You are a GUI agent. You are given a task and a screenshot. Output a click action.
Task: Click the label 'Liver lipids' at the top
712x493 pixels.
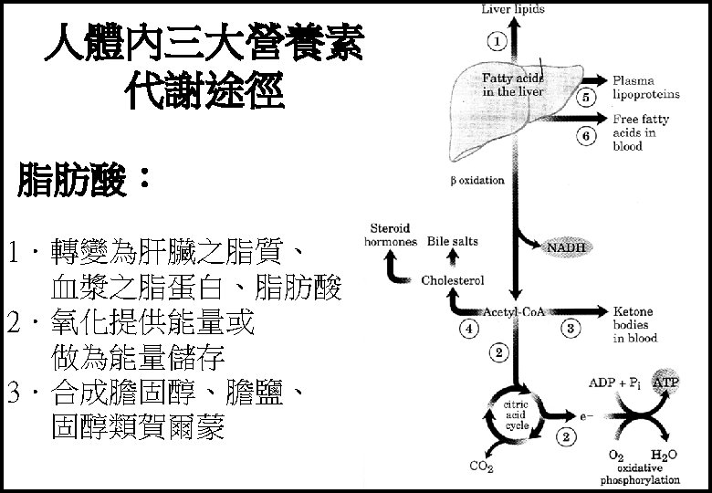pyautogui.click(x=513, y=9)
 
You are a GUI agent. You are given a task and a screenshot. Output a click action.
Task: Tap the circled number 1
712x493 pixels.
pyautogui.click(x=496, y=40)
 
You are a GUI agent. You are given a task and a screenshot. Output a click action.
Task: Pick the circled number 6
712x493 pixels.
pyautogui.click(x=588, y=136)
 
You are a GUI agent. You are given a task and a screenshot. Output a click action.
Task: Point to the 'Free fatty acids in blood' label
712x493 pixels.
pyautogui.click(x=640, y=132)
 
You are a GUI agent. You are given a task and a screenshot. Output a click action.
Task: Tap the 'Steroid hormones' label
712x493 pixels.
pyautogui.click(x=391, y=235)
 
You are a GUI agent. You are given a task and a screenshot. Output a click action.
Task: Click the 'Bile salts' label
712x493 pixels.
pyautogui.click(x=453, y=242)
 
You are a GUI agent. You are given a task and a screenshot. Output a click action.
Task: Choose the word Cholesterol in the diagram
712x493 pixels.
pyautogui.click(x=452, y=280)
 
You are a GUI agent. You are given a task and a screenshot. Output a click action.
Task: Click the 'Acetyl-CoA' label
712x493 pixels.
pyautogui.click(x=517, y=310)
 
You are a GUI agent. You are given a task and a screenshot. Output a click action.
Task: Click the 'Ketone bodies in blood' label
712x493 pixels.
pyautogui.click(x=634, y=324)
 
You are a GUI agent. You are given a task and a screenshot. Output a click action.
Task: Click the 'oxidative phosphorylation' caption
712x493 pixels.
pyautogui.click(x=640, y=473)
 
